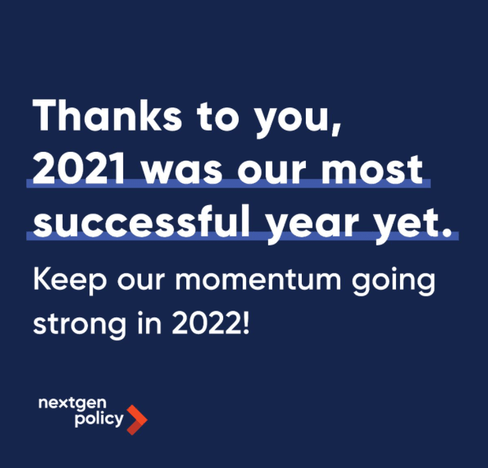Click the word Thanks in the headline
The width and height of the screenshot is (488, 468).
107,115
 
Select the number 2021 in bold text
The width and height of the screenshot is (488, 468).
79,169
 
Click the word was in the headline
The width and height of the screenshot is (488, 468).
182,173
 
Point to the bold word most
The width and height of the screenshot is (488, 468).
372,170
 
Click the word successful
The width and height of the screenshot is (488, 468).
142,221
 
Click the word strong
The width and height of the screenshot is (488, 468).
80,325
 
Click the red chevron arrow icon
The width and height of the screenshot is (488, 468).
137,420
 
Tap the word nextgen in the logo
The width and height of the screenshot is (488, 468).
72,403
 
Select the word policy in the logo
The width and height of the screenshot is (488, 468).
99,419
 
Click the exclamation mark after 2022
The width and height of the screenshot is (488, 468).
246,323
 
